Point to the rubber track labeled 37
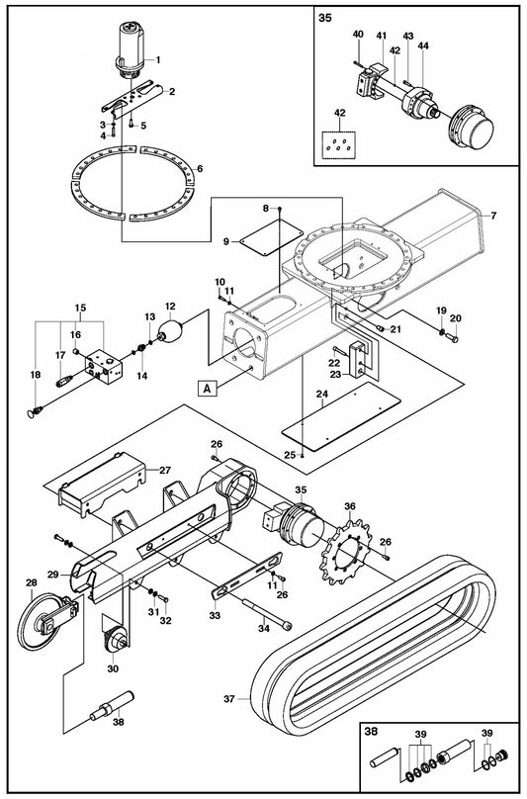coord(372,645)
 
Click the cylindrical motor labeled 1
coord(131,49)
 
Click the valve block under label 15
coord(105,369)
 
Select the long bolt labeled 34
coord(268,613)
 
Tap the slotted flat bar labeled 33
coord(247,575)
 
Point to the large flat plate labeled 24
coord(341,417)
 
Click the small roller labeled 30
coord(117,639)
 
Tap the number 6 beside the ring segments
coord(200,169)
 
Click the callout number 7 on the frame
coord(493,216)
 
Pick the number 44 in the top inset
coord(423,45)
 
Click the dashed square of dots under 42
coord(339,145)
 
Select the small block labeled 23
coord(358,360)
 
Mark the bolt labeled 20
coord(453,337)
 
